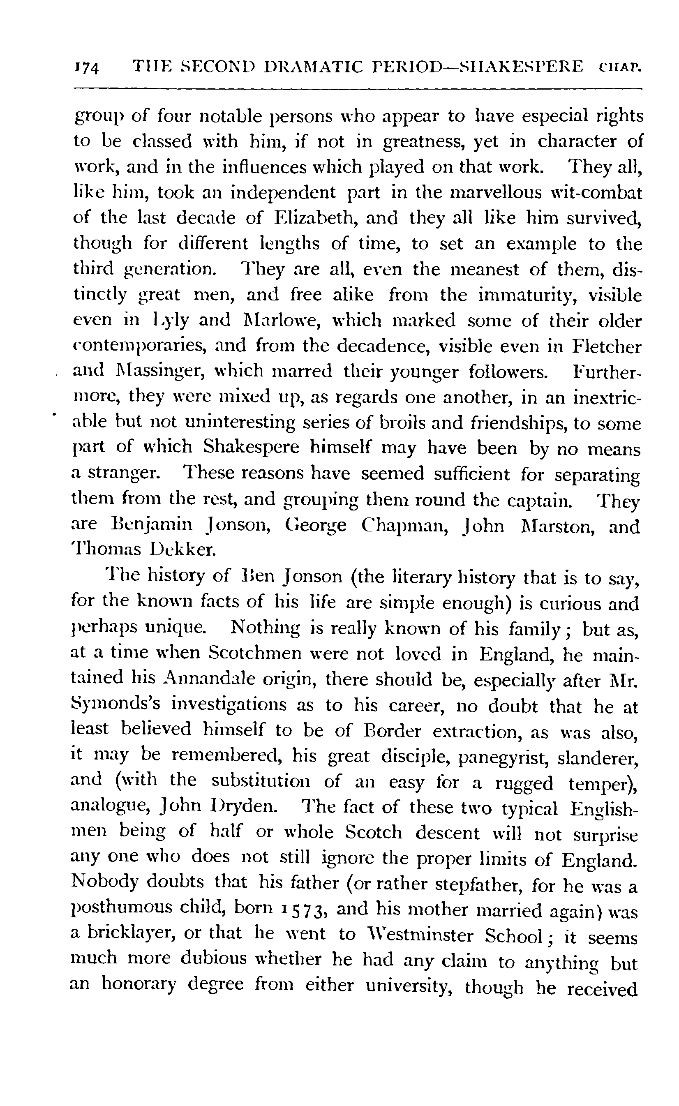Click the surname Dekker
coord(183,550)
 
